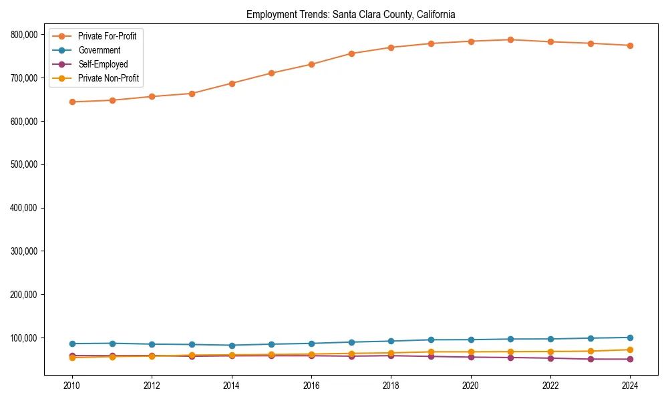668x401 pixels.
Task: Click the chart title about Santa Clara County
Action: point(351,14)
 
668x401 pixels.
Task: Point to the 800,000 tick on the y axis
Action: point(24,35)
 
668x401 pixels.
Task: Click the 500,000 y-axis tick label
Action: point(24,164)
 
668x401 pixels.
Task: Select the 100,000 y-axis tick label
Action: point(24,338)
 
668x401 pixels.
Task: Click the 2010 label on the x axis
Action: point(72,386)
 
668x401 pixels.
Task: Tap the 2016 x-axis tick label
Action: point(311,386)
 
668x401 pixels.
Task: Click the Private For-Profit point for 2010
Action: point(72,102)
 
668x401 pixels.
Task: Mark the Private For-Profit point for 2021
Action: point(510,39)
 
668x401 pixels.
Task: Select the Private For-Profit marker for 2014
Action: point(232,84)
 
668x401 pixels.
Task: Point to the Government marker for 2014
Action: point(232,346)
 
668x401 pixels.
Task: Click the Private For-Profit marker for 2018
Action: point(391,47)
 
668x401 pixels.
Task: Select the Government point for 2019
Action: point(431,340)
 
